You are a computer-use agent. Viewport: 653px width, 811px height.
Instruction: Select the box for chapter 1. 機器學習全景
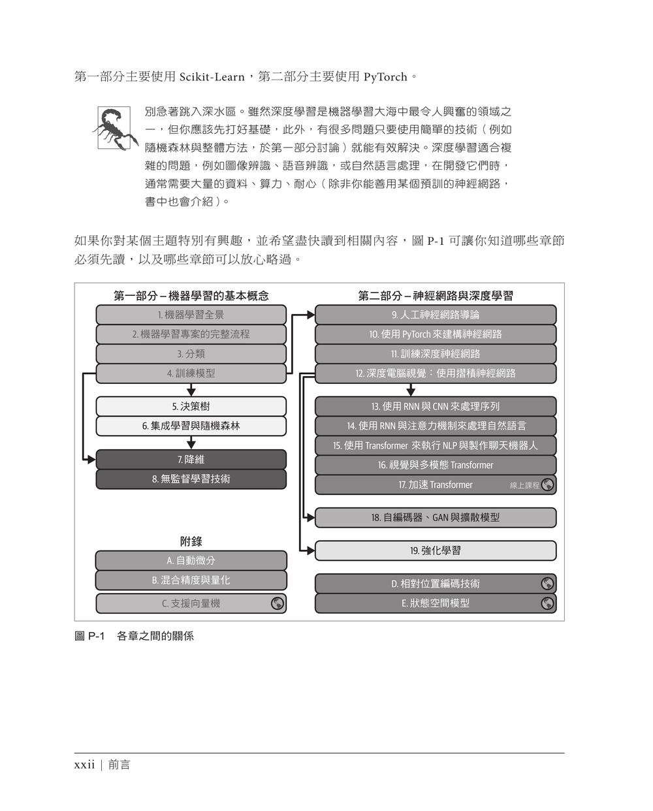click(x=191, y=315)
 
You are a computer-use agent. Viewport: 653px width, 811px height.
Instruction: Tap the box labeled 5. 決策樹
click(x=191, y=406)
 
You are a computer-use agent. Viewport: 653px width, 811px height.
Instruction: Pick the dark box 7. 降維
click(x=191, y=460)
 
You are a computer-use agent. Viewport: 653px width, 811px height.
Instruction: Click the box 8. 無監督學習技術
click(x=191, y=479)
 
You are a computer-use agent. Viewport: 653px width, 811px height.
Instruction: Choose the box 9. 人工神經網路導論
click(x=436, y=315)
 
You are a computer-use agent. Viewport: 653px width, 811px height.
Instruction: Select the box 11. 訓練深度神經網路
click(x=436, y=354)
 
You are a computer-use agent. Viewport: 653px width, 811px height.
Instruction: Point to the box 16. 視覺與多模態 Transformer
click(x=436, y=466)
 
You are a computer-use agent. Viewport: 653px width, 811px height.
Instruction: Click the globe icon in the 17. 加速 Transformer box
click(x=547, y=485)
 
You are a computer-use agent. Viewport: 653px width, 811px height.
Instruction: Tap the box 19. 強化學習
click(x=436, y=550)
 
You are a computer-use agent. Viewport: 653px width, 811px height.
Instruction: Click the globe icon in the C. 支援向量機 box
click(x=278, y=603)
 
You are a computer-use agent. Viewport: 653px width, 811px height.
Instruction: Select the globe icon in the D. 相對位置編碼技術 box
click(x=547, y=584)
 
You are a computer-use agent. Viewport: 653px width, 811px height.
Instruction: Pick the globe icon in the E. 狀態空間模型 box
click(x=547, y=603)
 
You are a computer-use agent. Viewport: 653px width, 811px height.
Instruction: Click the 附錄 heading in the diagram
click(x=191, y=541)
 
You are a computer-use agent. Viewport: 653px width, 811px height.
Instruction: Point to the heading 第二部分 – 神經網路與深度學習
click(x=436, y=296)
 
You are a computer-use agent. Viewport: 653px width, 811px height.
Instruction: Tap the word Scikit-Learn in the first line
click(x=212, y=77)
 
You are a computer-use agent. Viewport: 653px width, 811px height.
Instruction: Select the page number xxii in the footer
click(x=85, y=764)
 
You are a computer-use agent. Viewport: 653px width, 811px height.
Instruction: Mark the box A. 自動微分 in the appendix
click(x=191, y=560)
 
